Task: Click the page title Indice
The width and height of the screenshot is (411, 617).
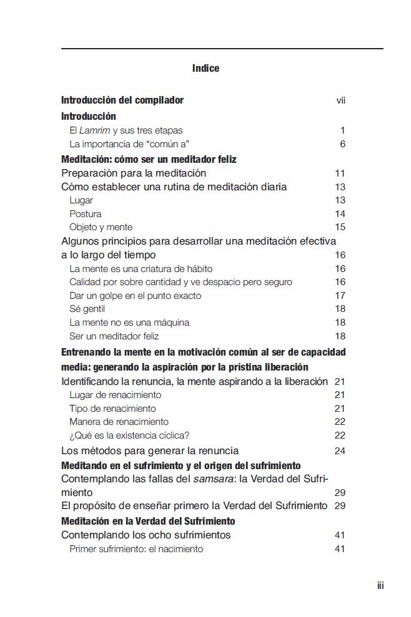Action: click(x=205, y=68)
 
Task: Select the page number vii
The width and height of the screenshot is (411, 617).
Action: click(x=340, y=100)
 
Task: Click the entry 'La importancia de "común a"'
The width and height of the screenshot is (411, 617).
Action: click(x=120, y=144)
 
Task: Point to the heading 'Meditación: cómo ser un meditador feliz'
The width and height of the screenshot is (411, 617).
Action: click(x=149, y=159)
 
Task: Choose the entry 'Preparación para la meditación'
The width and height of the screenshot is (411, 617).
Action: click(x=134, y=173)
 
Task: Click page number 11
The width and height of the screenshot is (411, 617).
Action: click(x=340, y=173)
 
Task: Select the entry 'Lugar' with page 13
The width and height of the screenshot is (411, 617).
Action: click(x=81, y=200)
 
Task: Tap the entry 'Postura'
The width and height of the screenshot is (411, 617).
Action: click(x=86, y=214)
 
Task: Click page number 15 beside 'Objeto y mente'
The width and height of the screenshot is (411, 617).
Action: click(x=340, y=227)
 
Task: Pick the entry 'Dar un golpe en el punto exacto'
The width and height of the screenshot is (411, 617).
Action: click(x=135, y=296)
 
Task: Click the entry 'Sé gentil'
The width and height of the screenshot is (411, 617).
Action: click(x=87, y=309)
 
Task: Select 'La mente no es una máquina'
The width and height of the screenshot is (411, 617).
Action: click(x=129, y=323)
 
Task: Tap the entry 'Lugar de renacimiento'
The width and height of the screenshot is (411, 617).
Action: click(x=115, y=395)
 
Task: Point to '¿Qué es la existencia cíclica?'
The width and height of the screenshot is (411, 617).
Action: click(x=129, y=435)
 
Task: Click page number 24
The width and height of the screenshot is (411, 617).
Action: click(x=340, y=450)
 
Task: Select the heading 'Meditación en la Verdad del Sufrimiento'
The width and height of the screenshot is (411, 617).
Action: click(x=148, y=521)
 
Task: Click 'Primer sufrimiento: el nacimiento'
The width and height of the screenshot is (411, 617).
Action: click(x=136, y=549)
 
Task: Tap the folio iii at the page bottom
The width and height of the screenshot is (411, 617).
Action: click(x=380, y=585)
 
